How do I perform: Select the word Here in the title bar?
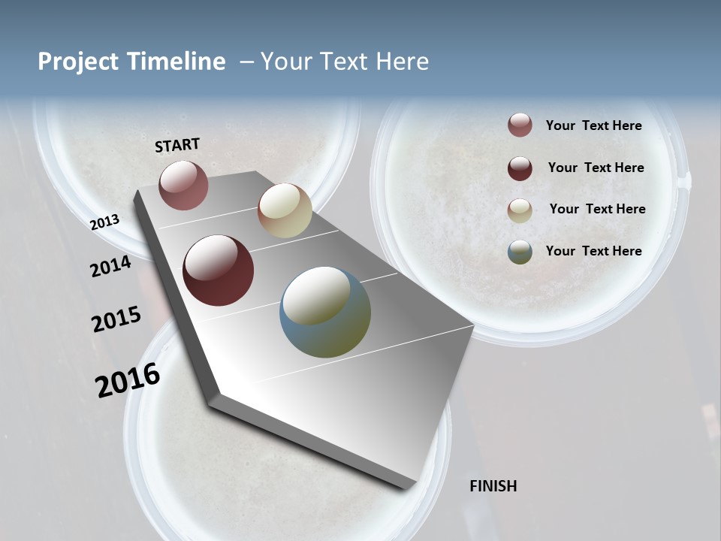tap(402, 62)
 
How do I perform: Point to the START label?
tap(177, 145)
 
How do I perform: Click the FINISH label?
tap(493, 486)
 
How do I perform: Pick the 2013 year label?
tap(105, 222)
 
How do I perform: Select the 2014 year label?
tap(111, 267)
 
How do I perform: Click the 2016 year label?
tap(128, 380)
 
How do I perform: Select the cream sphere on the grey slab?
tap(285, 211)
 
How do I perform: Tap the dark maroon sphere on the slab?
tap(219, 270)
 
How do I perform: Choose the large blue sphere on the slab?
tap(325, 312)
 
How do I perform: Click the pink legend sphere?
tap(520, 125)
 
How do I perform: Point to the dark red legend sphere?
tap(520, 168)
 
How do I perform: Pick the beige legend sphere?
tap(520, 210)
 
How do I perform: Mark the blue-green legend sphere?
tap(520, 252)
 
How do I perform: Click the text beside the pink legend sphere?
tap(594, 125)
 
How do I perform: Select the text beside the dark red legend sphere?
tap(596, 168)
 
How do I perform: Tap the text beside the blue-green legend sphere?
tap(594, 251)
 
